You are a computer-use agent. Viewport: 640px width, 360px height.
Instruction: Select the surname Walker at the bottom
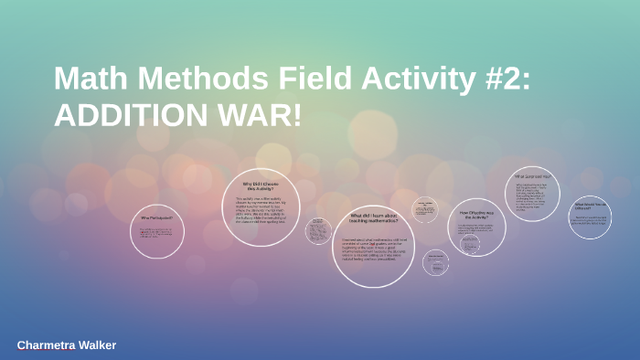tap(95, 345)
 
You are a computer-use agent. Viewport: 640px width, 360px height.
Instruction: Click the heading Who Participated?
tap(156, 218)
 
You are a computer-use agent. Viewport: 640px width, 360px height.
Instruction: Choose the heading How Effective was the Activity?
tap(476, 215)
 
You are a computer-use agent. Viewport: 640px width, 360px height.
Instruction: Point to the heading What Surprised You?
tap(531, 175)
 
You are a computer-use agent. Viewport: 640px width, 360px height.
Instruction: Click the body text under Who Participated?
tap(156, 235)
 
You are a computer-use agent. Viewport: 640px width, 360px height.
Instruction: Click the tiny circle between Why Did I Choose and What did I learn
tap(318, 229)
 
